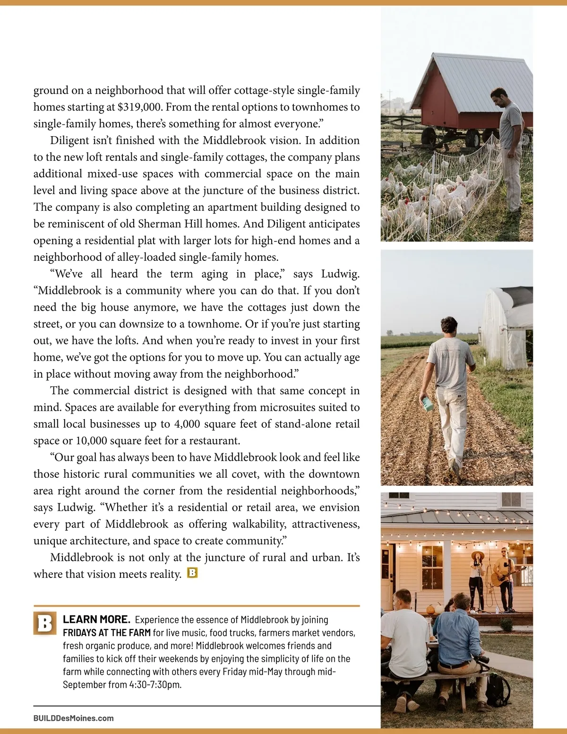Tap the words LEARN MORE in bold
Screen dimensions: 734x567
click(x=96, y=619)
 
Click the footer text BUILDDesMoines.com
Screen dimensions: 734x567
click(x=73, y=718)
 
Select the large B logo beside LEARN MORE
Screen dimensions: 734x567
click(x=45, y=623)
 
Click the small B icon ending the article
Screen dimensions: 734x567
click(x=192, y=573)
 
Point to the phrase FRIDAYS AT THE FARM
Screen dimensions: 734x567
click(x=107, y=632)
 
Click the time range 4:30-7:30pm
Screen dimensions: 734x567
click(x=155, y=684)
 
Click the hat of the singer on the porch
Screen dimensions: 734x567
click(x=477, y=554)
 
